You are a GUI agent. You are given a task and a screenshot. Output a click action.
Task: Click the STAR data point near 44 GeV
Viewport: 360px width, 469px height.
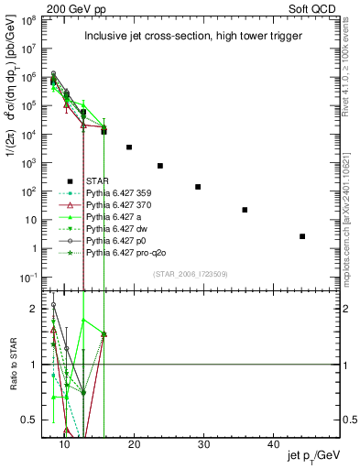pyautogui.click(x=302, y=236)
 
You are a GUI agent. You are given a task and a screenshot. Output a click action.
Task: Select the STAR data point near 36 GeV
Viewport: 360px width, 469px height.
pyautogui.click(x=245, y=210)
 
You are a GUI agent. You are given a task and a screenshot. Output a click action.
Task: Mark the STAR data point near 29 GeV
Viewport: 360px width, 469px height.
pyautogui.click(x=198, y=187)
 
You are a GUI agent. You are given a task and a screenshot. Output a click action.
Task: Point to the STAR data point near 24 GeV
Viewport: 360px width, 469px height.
pyautogui.click(x=160, y=166)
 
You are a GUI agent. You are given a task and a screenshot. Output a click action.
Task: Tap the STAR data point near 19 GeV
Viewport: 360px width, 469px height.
pyautogui.click(x=129, y=147)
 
